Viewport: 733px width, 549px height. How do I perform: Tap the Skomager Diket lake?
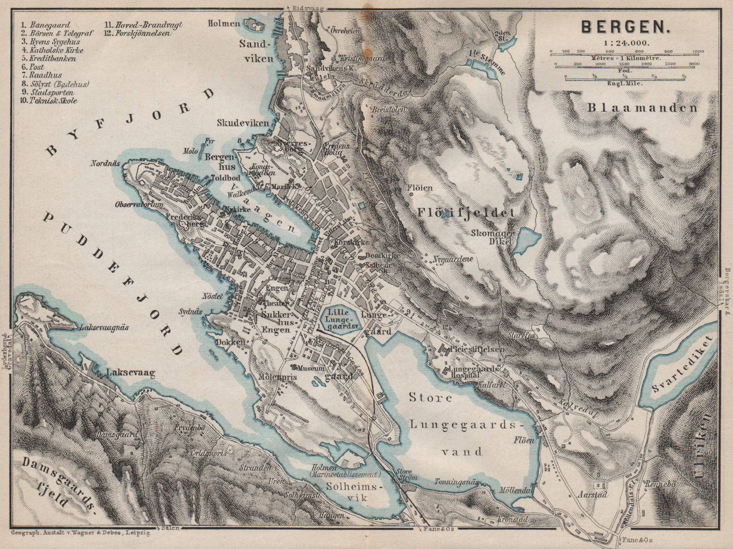coord(526,240)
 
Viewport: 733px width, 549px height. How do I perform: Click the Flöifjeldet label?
coord(466,212)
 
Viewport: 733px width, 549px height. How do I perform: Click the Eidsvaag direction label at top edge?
coord(299,8)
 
